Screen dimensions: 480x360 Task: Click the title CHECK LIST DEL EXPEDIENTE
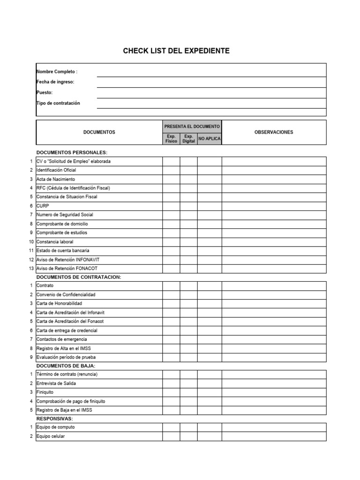176,51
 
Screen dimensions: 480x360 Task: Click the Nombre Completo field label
57,72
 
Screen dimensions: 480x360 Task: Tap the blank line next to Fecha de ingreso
211,82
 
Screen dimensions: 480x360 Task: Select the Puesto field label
45,93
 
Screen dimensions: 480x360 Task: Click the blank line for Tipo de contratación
211,104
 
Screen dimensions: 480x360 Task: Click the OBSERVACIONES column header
274,132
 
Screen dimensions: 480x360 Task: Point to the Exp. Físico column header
171,139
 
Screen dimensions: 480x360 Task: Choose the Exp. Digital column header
188,139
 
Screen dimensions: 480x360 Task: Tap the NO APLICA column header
210,139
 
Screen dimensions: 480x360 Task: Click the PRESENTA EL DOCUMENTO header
192,127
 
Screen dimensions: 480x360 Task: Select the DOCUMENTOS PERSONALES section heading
72,153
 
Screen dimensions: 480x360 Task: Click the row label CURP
43,206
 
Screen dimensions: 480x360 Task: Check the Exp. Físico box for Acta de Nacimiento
171,179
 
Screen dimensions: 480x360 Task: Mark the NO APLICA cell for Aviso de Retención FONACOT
210,268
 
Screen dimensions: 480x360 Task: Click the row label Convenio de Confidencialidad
66,295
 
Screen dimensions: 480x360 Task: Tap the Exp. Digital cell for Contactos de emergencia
188,339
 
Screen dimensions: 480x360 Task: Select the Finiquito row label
45,392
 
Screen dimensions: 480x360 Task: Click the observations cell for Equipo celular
274,436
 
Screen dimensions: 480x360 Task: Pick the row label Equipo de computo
55,427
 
